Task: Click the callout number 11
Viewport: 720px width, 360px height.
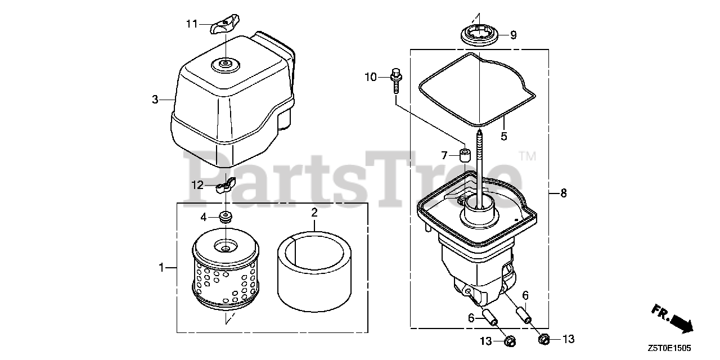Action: [192, 24]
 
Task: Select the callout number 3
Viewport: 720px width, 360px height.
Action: [155, 100]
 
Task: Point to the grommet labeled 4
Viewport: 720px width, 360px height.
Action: [227, 217]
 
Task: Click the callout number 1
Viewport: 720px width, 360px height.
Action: [162, 268]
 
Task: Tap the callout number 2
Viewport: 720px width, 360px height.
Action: [314, 212]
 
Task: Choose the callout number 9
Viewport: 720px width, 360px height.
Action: [513, 35]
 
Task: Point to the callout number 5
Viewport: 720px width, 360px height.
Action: [504, 136]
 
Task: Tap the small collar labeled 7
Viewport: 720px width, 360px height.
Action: [465, 155]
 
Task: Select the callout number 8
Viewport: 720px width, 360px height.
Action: [563, 193]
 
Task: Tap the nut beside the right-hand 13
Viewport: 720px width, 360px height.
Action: [544, 339]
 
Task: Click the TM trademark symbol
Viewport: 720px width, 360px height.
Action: [527, 156]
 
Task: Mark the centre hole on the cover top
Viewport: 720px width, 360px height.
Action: [224, 65]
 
